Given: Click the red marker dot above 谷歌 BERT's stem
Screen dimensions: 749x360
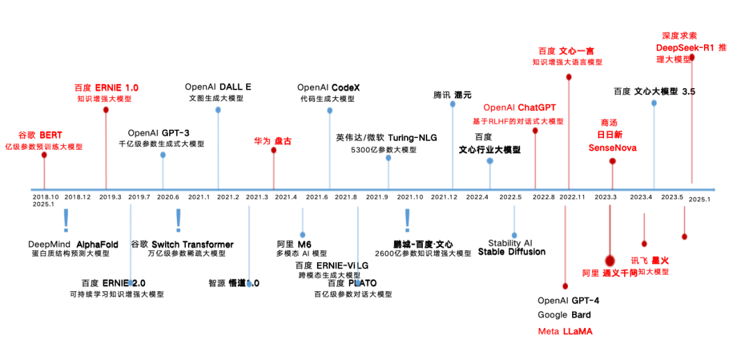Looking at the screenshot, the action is [x=44, y=155].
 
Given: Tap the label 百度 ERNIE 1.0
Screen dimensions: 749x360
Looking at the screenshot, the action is [x=106, y=88].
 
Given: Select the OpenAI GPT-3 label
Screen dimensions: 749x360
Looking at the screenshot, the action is [x=158, y=133].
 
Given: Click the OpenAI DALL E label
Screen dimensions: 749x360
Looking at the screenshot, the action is [x=218, y=87].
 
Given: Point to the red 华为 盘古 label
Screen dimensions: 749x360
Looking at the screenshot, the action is [x=273, y=141].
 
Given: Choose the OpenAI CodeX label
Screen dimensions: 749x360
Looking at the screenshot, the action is [x=329, y=87].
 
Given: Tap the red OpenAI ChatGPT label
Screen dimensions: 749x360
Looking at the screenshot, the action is [x=521, y=108].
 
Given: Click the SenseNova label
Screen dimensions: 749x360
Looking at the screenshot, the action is [x=612, y=148].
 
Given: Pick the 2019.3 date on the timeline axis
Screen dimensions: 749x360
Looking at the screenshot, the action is [x=110, y=198].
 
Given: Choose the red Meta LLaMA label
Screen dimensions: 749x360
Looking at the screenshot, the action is [x=565, y=332].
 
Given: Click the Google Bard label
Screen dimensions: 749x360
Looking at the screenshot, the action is [x=565, y=316].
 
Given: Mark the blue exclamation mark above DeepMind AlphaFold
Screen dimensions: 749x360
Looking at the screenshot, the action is [x=66, y=220].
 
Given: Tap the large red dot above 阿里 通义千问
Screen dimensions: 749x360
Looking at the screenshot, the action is [x=610, y=260].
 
